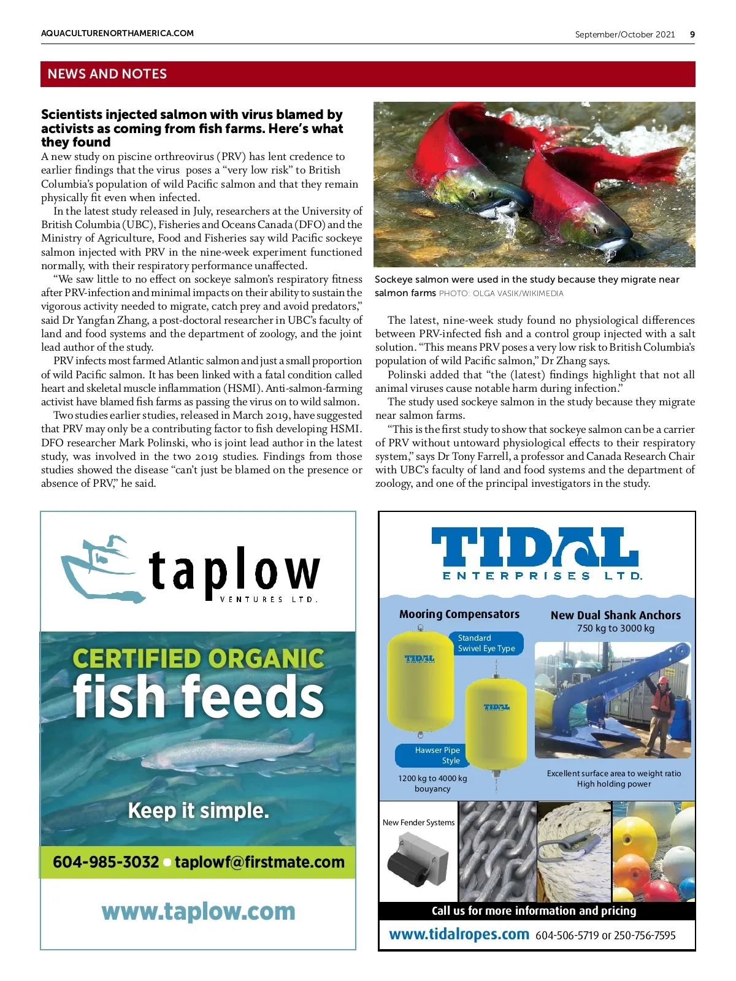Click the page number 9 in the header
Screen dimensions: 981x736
tap(692, 34)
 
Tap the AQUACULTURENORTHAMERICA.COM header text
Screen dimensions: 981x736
tap(117, 34)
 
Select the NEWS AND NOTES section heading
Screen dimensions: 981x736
tap(107, 74)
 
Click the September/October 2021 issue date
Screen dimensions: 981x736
tap(624, 34)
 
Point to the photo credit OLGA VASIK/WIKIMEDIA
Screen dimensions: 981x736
tap(501, 294)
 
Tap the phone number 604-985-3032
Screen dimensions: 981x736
tap(105, 862)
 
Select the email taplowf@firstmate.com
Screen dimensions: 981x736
tap(259, 862)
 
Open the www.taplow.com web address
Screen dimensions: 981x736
tap(198, 912)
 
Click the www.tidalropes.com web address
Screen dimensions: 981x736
tap(459, 934)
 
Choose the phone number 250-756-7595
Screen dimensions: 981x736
tap(644, 936)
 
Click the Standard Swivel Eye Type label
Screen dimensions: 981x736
tap(486, 643)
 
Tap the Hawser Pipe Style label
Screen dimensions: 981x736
tap(437, 755)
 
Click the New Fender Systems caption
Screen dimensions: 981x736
tap(419, 823)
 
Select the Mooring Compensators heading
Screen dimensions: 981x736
tap(459, 614)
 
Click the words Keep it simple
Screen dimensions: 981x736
tap(198, 811)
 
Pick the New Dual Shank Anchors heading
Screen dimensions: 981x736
tap(616, 615)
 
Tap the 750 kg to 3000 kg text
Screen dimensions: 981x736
tap(616, 628)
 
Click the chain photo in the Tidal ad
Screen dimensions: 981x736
tap(497, 851)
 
